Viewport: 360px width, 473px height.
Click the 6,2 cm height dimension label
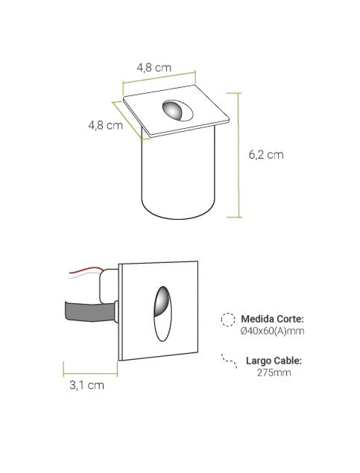(x=266, y=155)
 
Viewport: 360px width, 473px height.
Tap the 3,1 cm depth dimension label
(x=86, y=385)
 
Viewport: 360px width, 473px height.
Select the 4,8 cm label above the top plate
(x=154, y=68)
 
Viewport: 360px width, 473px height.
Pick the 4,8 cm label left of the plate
(x=105, y=125)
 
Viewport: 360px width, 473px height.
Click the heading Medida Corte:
(x=272, y=319)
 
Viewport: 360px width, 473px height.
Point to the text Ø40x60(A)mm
(x=273, y=331)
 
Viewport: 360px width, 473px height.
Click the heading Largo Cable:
(x=274, y=361)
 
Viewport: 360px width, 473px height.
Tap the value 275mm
(x=274, y=372)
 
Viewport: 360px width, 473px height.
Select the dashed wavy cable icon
(x=229, y=361)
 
